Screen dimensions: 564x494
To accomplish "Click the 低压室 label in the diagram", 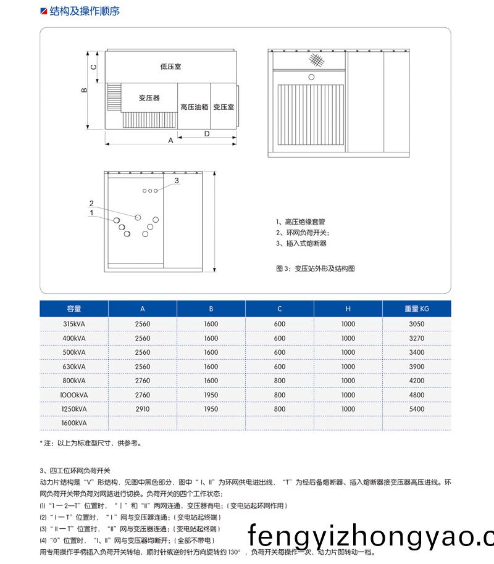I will [170, 66].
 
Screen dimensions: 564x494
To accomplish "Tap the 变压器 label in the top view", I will [149, 98].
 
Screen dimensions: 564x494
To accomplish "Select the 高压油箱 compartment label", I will [194, 107].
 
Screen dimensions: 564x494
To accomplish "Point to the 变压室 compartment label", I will [224, 107].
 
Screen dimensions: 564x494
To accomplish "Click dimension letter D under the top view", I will [207, 133].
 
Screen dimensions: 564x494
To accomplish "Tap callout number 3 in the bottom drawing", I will [177, 181].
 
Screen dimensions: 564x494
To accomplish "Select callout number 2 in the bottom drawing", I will [91, 204].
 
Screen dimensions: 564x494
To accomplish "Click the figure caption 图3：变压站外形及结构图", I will [316, 268].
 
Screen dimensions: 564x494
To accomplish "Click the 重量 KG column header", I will [417, 309].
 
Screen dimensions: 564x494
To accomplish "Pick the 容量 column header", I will [74, 309].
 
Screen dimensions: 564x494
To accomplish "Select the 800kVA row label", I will [74, 381].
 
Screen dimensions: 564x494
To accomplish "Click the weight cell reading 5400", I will [417, 409].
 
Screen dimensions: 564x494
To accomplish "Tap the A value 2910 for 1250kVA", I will [143, 409].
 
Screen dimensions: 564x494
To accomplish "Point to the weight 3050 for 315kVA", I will [417, 324].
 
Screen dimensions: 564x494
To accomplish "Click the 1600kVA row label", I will [74, 423].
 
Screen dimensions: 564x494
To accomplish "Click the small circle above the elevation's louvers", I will [311, 77].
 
